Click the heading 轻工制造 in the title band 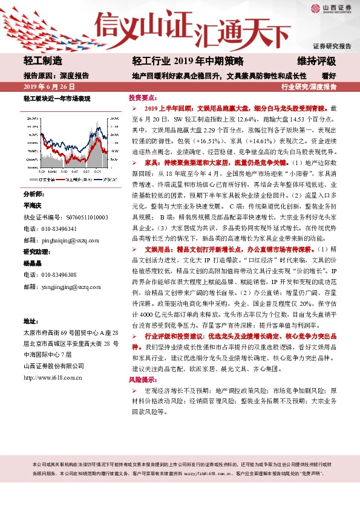click(43, 61)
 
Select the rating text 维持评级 click(316, 61)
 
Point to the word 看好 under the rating click(329, 76)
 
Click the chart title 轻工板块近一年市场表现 click(57, 98)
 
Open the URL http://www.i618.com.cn click(53, 378)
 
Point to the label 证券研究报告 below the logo click(332, 46)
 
